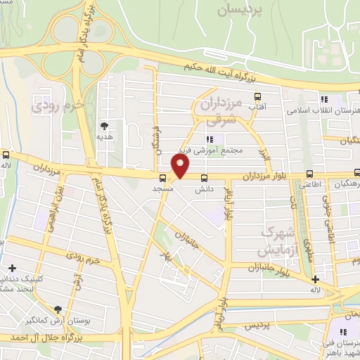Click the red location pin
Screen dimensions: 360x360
coord(181,166)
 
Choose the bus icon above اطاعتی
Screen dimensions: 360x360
coord(310,174)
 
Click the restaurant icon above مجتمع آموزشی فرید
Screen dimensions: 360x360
coord(210,138)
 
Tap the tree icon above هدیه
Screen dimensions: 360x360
coord(105,127)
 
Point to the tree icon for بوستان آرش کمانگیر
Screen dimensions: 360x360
coord(58,309)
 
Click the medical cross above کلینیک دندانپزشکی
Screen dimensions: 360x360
coord(12,268)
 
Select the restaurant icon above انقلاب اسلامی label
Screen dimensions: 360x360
coord(323,99)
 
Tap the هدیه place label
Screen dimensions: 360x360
coord(105,139)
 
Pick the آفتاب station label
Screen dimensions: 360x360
coord(258,108)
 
